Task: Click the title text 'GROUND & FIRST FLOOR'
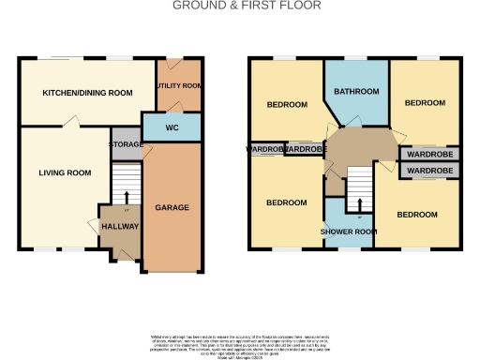click(247, 6)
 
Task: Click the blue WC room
click(172, 127)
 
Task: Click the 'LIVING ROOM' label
click(65, 172)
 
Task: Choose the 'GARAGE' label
click(172, 207)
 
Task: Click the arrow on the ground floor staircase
click(125, 196)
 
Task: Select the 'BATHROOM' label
click(357, 92)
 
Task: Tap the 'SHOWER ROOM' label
click(349, 231)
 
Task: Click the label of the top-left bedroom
click(286, 105)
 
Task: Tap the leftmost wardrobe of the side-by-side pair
click(265, 149)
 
